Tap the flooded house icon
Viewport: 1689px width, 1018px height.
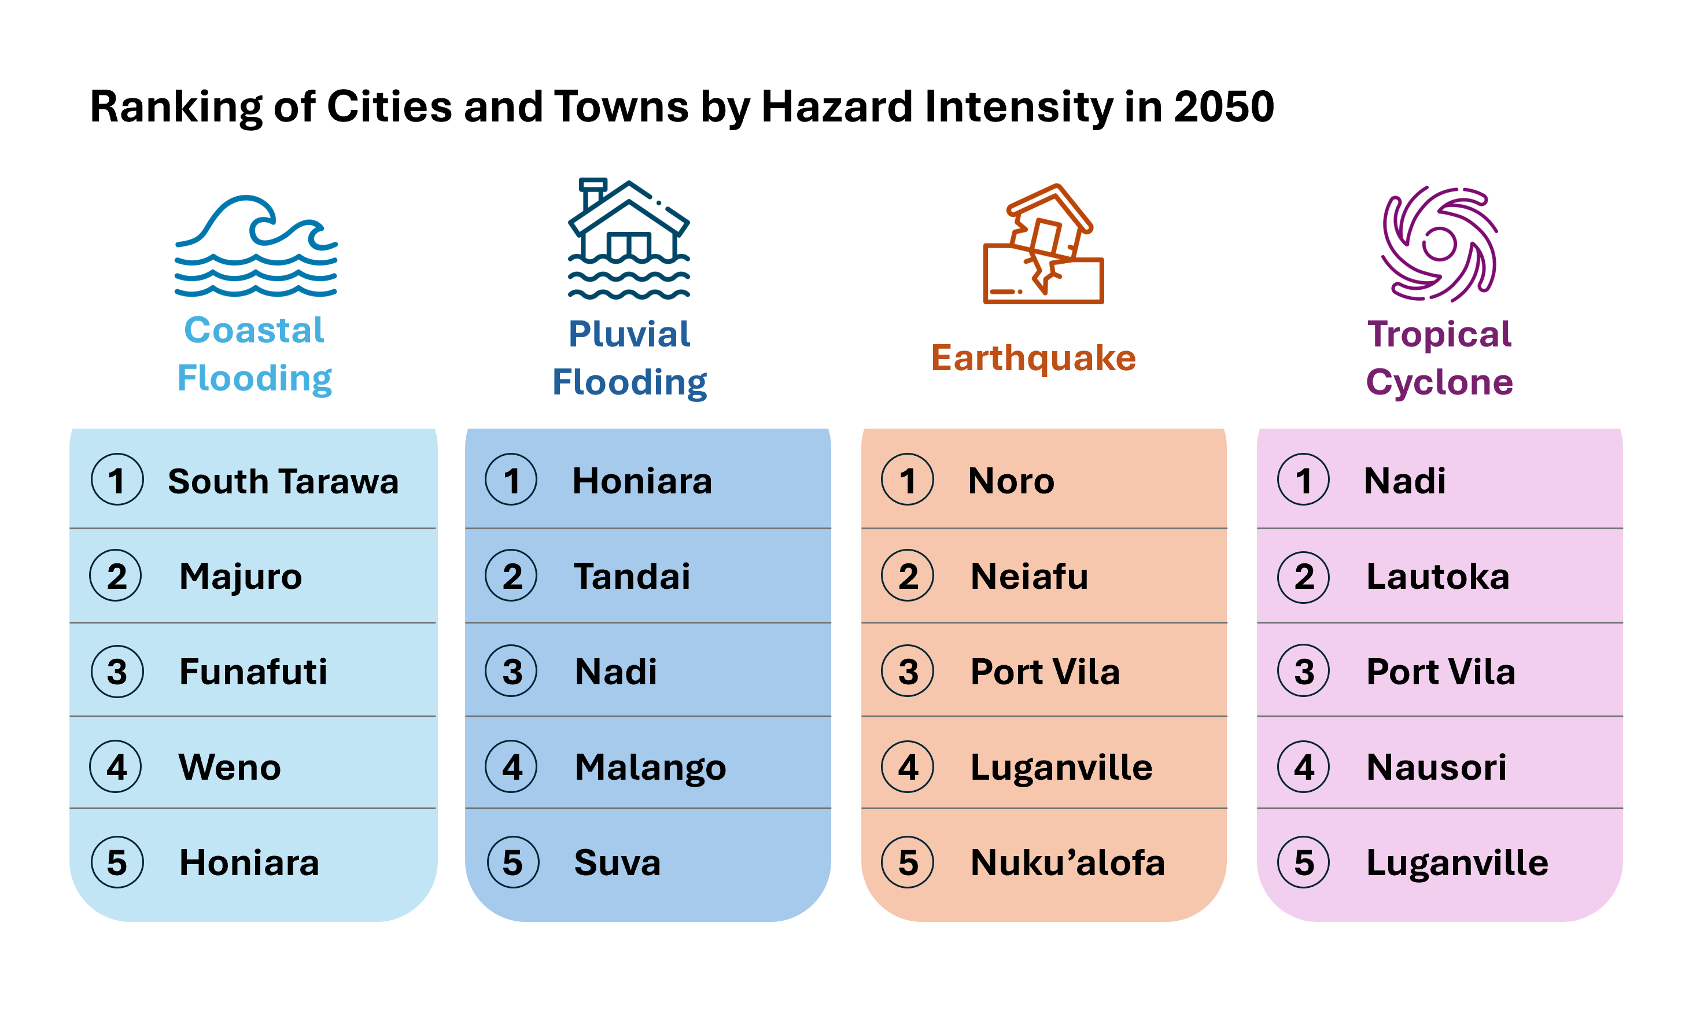coord(629,239)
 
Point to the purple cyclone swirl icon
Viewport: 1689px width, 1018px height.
coord(1440,244)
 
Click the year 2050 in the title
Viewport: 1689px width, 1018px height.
coord(1223,107)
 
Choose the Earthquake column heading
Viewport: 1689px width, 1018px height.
coord(1033,358)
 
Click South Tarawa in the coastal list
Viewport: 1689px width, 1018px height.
coord(283,481)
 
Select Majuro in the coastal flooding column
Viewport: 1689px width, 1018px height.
coord(241,577)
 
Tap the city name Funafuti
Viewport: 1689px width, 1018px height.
coord(253,672)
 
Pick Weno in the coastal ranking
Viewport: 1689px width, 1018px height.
coord(230,767)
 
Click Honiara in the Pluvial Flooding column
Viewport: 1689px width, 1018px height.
coord(642,481)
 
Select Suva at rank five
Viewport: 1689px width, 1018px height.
coord(618,862)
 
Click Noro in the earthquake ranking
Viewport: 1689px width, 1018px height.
coord(1011,481)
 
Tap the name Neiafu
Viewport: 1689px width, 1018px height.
coord(1029,577)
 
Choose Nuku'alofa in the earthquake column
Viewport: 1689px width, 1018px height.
coord(1067,862)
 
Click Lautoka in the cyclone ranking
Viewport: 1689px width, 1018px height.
coord(1437,577)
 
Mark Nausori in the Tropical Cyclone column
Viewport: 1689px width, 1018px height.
coord(1436,767)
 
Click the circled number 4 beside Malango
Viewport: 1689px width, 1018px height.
coord(511,767)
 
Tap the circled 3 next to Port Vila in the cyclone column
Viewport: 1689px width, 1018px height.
coord(1303,672)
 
